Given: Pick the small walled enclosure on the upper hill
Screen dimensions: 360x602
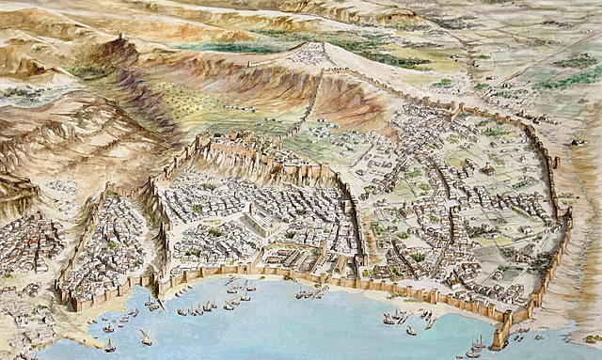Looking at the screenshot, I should coord(310,55).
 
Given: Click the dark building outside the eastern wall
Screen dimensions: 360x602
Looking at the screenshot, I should coord(575,141).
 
